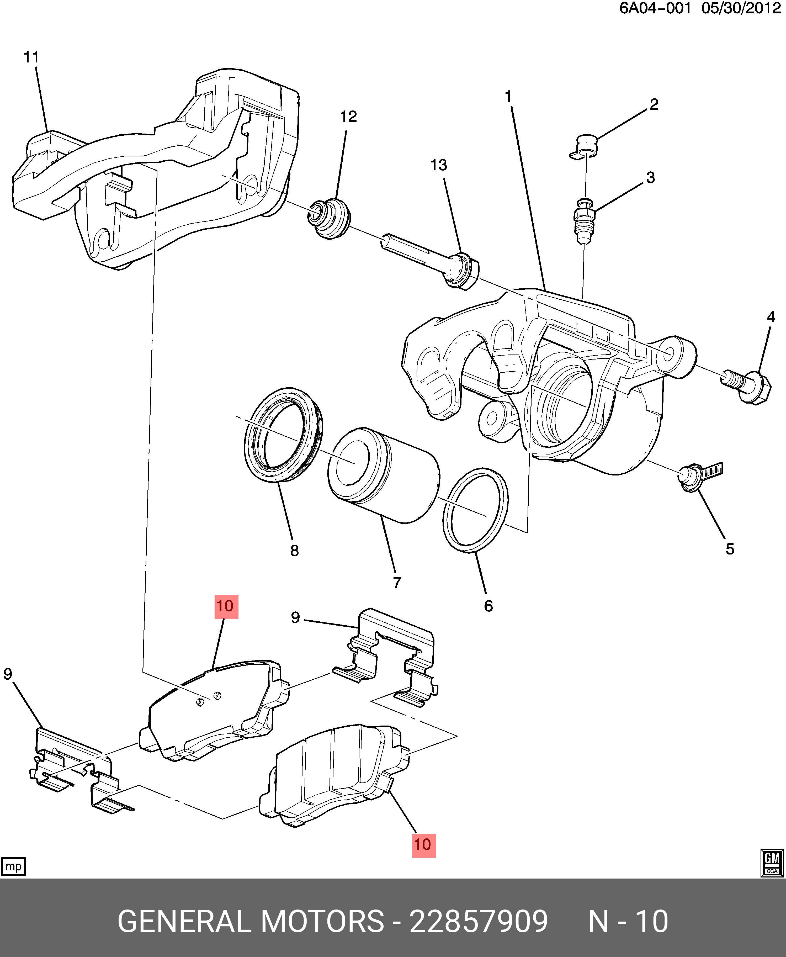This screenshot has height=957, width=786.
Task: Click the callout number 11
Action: pos(31,57)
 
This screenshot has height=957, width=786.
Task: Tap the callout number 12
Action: pos(348,117)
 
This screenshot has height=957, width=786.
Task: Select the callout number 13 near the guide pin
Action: pos(438,165)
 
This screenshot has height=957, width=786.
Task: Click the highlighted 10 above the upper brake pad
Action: pos(225,606)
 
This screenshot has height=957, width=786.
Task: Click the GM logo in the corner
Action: pos(772,863)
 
